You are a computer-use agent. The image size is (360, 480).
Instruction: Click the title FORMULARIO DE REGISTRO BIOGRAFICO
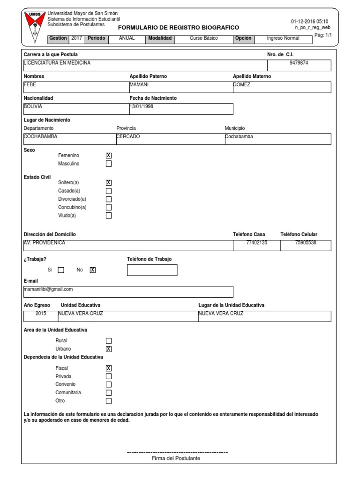[178, 28]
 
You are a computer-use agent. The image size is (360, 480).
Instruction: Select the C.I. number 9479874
[299, 62]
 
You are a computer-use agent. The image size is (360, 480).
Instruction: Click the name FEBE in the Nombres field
[30, 85]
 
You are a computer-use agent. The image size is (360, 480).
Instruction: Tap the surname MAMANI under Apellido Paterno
[139, 85]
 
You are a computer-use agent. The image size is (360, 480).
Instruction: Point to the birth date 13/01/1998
[141, 106]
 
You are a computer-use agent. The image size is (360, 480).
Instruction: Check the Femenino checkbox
[109, 156]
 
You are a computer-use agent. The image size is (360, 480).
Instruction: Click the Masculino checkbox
[109, 164]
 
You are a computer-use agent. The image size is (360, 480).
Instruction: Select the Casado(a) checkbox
[109, 191]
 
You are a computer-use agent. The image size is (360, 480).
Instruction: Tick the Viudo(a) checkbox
[109, 216]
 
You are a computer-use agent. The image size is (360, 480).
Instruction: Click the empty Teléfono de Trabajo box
[152, 270]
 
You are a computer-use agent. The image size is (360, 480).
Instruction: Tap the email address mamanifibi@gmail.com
[48, 289]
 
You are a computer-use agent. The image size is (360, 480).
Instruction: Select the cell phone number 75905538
[306, 243]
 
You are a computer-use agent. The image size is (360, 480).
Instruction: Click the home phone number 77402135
[256, 243]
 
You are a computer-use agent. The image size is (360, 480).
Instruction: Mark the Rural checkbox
[109, 341]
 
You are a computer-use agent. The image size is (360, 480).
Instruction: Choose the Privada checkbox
[109, 376]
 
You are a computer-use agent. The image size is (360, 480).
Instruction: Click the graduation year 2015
[41, 314]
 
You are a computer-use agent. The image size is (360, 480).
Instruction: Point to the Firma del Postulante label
[176, 458]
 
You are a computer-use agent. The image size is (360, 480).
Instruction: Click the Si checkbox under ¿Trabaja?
[61, 270]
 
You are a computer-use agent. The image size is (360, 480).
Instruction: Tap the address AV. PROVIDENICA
[45, 243]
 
